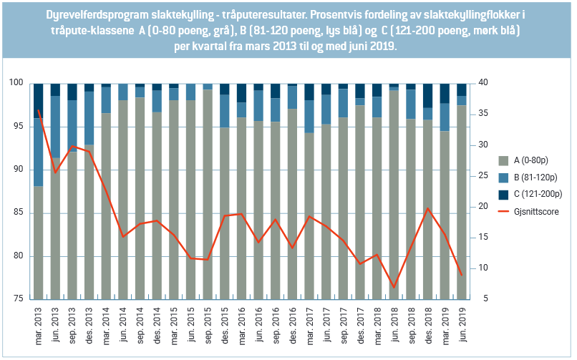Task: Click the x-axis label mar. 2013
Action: [x=39, y=323]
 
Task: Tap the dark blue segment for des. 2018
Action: [x=428, y=95]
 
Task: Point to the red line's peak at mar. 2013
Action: [x=39, y=110]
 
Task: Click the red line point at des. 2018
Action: [x=428, y=208]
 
